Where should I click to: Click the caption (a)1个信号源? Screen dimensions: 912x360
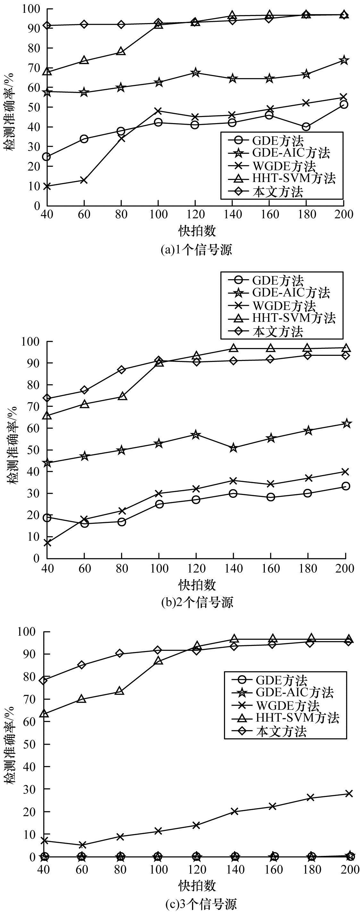coord(197,250)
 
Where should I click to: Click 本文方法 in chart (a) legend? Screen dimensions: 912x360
coord(278,191)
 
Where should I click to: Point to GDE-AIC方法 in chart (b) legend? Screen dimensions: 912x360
coord(291,292)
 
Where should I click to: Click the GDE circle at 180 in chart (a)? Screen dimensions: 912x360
coord(306,127)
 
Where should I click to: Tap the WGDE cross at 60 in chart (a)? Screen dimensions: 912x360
coord(84,180)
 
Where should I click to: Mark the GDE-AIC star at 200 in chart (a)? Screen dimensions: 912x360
coord(343,61)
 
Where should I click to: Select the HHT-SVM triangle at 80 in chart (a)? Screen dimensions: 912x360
coord(121,51)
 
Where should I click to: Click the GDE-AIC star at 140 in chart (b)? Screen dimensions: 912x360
coord(233,448)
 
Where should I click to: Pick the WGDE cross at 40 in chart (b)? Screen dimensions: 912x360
coord(47,542)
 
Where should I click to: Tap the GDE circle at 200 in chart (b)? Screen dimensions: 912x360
coord(346,486)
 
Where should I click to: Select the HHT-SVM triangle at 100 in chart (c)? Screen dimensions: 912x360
coord(158,661)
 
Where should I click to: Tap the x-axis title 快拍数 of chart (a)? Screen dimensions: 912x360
coord(197,231)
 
